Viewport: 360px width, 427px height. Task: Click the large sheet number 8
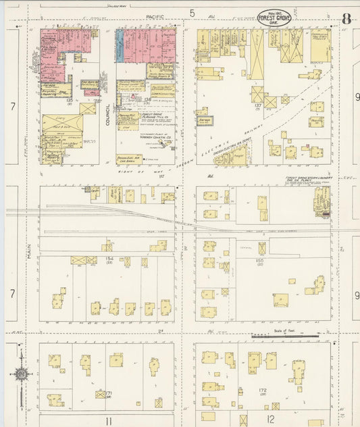345,18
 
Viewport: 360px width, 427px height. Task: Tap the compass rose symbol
21,372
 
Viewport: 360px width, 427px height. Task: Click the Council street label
107,115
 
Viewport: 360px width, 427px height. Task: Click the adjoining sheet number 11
107,420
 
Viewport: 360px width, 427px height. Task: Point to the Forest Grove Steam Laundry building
322,201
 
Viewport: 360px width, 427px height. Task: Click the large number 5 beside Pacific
192,13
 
